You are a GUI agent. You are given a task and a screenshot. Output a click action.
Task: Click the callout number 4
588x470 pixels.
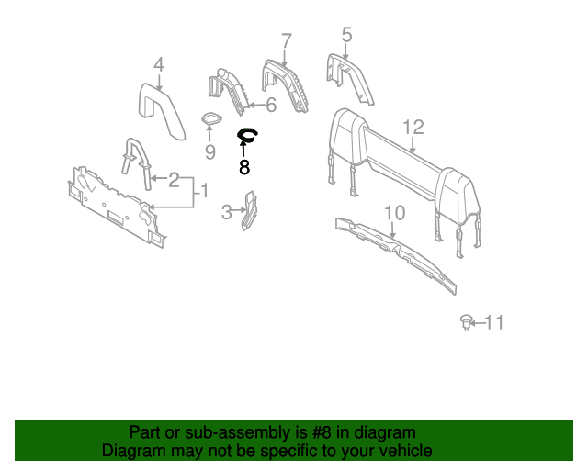click(x=158, y=64)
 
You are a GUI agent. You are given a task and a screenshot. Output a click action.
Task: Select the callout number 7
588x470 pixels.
click(x=287, y=40)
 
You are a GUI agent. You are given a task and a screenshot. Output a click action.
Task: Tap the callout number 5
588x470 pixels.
click(x=346, y=35)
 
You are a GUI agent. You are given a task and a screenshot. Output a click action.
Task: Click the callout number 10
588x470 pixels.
click(x=394, y=213)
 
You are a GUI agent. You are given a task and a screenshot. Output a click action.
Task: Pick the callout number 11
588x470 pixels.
click(x=494, y=322)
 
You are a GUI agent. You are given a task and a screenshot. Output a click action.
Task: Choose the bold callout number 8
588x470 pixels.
click(x=243, y=168)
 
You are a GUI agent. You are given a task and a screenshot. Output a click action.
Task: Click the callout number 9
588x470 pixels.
click(x=209, y=151)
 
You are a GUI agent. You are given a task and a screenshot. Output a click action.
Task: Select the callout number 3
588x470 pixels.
click(x=227, y=214)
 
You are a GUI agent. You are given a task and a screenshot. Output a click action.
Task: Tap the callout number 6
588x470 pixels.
click(x=270, y=105)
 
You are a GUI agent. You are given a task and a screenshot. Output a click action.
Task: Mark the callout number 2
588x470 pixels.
click(x=174, y=179)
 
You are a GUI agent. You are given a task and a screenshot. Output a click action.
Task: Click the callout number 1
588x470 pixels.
click(x=205, y=191)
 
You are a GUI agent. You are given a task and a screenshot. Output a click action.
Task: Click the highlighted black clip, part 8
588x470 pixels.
click(x=247, y=137)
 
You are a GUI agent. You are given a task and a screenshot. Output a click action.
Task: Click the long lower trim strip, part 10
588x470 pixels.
click(x=395, y=251)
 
